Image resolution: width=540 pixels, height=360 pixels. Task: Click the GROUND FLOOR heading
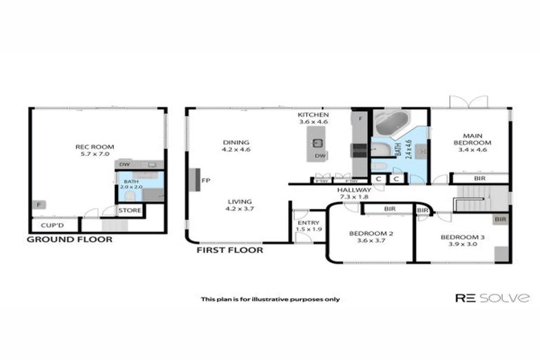(69, 239)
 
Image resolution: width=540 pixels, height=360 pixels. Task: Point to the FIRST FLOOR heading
(230, 250)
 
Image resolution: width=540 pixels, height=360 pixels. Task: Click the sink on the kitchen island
(315, 143)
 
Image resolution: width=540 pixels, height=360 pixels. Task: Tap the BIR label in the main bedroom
(479, 179)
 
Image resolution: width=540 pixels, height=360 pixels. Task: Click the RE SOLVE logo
(492, 298)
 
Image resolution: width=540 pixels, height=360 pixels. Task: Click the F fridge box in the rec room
(35, 205)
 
